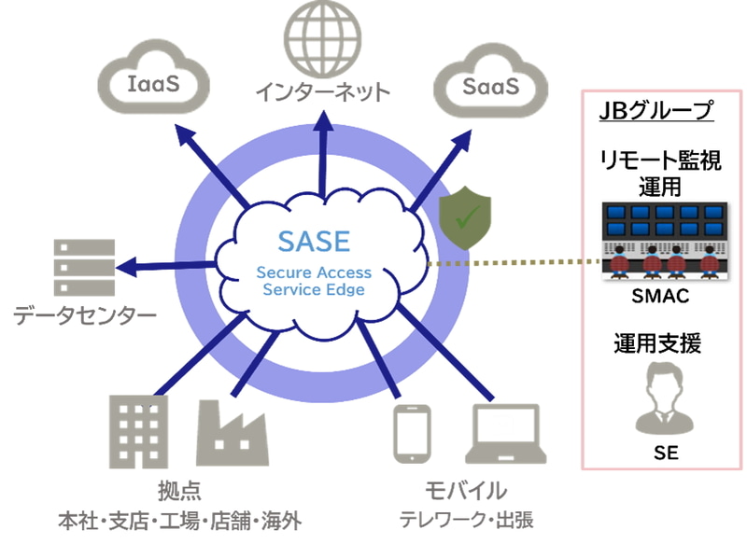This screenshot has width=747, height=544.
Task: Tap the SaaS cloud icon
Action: point(491,86)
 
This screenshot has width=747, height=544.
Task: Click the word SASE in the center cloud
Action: point(314,241)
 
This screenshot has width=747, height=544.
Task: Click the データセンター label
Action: point(84,316)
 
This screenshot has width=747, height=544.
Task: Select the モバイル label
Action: point(466,490)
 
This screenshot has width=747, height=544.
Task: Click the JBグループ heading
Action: point(656,112)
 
